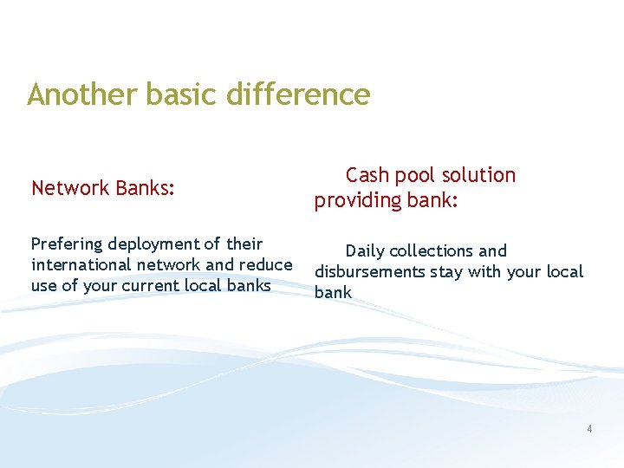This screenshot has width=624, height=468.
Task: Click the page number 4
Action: pos(589,428)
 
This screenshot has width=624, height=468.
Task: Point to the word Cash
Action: pos(368,175)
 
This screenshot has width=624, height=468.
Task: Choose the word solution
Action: pos(478,175)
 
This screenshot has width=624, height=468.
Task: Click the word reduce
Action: pos(264,265)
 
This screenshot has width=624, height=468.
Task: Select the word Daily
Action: pos(365,251)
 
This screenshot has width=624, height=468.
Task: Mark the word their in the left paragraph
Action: pos(244,244)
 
